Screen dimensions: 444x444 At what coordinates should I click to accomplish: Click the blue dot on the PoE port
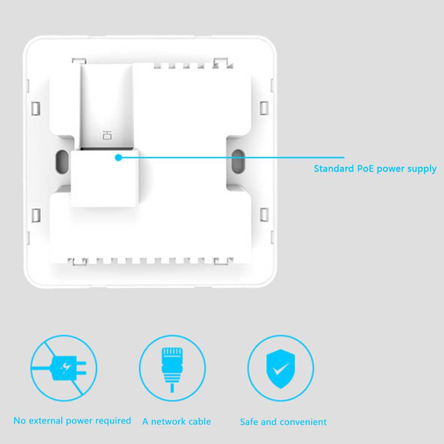tap(118, 157)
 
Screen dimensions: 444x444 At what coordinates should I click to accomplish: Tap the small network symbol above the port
tap(107, 135)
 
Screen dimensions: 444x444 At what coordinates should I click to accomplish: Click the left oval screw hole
tap(62, 161)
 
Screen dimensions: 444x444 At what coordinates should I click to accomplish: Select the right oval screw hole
tap(238, 161)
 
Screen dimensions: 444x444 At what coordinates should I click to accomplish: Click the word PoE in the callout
tap(365, 169)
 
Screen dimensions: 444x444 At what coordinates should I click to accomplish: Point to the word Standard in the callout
tap(334, 169)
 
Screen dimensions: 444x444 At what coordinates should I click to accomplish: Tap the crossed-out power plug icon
tap(64, 368)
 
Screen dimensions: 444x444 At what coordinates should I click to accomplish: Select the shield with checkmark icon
tap(281, 368)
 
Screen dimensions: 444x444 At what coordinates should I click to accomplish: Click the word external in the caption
tap(46, 420)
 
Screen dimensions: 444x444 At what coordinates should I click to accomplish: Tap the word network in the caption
tap(168, 421)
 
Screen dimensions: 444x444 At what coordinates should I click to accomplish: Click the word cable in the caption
tap(200, 421)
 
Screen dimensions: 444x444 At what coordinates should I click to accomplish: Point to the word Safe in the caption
tap(249, 422)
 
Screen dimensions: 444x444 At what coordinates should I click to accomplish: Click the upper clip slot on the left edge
tap(35, 109)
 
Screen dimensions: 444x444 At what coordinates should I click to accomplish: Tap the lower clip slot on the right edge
tap(264, 215)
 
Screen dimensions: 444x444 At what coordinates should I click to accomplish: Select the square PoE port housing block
tap(105, 177)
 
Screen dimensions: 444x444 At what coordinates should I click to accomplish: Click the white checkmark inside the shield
tap(281, 369)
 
